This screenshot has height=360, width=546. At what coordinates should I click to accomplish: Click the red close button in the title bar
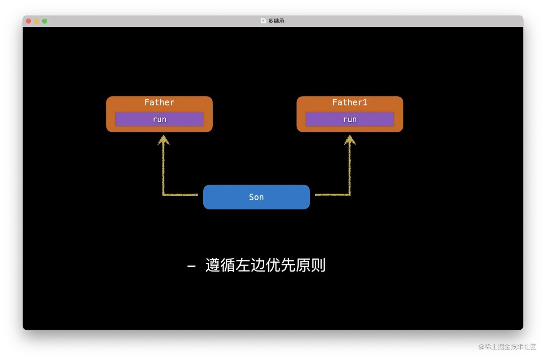click(x=29, y=21)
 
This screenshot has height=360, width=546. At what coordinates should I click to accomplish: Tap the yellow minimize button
click(x=36, y=21)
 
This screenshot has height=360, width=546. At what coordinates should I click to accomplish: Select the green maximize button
click(x=45, y=21)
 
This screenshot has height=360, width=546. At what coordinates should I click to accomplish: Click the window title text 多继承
click(x=276, y=21)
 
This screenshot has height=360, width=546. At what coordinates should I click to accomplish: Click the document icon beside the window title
click(x=263, y=21)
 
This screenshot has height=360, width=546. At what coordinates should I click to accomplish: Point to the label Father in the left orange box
click(x=159, y=103)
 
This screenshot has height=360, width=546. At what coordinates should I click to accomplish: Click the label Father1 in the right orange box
click(x=350, y=103)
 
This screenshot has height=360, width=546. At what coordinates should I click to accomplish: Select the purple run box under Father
click(x=159, y=119)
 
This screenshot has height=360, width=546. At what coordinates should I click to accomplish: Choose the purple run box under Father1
click(x=350, y=119)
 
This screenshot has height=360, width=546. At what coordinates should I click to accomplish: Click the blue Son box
click(x=256, y=197)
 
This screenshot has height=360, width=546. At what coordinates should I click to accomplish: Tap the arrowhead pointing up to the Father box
click(x=164, y=140)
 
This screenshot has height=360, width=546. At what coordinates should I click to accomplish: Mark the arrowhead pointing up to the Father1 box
click(x=350, y=140)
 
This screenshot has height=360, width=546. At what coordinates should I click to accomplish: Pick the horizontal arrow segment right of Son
click(x=332, y=195)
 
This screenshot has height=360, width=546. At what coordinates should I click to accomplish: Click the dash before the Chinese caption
click(x=191, y=266)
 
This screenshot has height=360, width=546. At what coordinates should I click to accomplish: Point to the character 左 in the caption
click(x=243, y=265)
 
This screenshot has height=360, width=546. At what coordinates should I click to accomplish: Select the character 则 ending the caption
click(x=318, y=265)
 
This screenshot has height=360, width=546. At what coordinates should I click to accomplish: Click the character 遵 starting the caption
click(x=213, y=265)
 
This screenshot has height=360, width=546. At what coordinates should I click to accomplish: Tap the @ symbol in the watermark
click(x=481, y=346)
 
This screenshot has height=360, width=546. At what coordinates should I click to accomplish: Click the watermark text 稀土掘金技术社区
click(x=510, y=346)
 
